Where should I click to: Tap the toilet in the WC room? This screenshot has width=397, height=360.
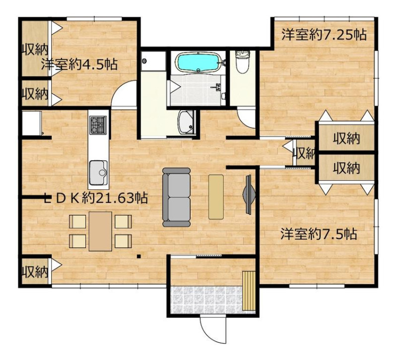(x=243, y=61)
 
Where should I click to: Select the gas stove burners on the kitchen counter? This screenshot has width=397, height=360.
(x=98, y=124)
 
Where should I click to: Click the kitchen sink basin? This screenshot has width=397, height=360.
(x=98, y=173)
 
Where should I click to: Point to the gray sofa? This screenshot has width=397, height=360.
(x=176, y=197)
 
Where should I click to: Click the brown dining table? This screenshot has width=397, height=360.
(x=101, y=231)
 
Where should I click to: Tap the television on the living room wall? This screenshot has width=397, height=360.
(x=249, y=194)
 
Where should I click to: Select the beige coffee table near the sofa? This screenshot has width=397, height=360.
(x=216, y=197)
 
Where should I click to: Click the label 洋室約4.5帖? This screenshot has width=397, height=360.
(x=79, y=64)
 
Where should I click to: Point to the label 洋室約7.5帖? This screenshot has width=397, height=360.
(x=319, y=234)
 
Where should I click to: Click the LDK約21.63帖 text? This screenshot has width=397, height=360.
(x=96, y=198)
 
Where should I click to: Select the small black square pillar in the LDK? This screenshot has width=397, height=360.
(x=138, y=256)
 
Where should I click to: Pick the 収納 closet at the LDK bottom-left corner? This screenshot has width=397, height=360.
(x=35, y=271)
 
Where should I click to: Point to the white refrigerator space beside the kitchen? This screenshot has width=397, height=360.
(x=32, y=123)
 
